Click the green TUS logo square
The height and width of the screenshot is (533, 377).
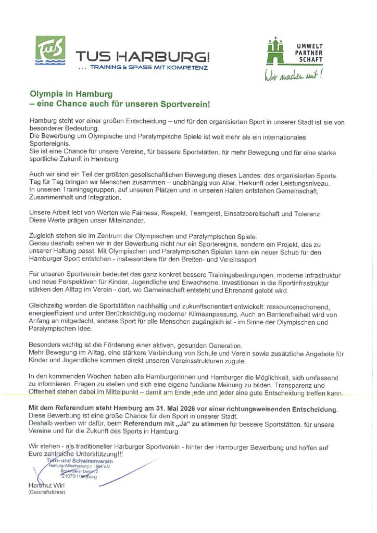tap(50, 50)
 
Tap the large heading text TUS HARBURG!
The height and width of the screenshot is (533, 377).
tap(143, 56)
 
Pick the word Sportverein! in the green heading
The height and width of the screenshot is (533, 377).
tap(186, 104)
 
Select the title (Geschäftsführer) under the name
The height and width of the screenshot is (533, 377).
tap(47, 492)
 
